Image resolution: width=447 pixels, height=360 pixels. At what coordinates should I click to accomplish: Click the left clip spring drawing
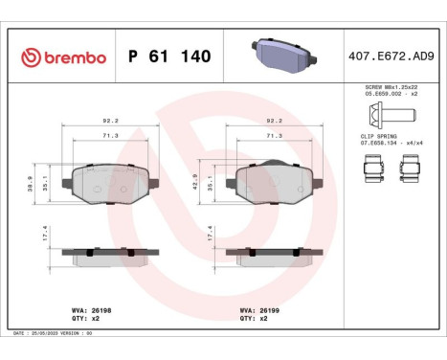[x=373, y=170]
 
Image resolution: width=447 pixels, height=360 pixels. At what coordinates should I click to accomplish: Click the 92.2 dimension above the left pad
[x=109, y=122]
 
